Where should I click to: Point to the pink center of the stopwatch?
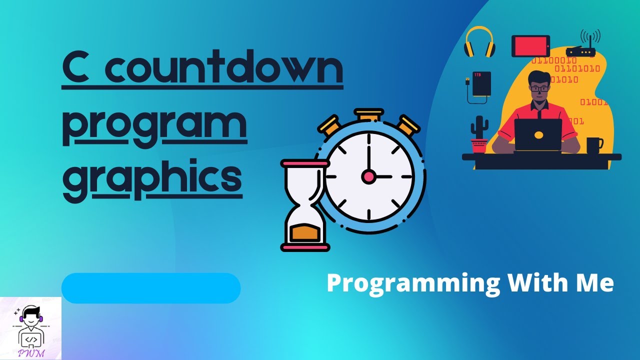[x=369, y=176]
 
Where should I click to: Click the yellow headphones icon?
[x=479, y=42]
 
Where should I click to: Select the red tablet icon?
[x=530, y=46]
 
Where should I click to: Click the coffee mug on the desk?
[x=594, y=145]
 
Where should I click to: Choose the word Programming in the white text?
[x=413, y=283]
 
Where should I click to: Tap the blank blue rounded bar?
[x=151, y=288]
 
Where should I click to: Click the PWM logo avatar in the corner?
[x=30, y=328]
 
